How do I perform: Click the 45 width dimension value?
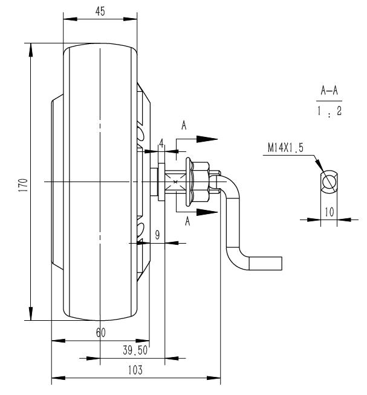(x=100, y=11)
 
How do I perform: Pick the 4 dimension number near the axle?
(x=161, y=143)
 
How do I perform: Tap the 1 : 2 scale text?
(x=329, y=112)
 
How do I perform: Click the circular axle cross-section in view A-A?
(x=330, y=182)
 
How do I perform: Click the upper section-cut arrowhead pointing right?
(x=207, y=138)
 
